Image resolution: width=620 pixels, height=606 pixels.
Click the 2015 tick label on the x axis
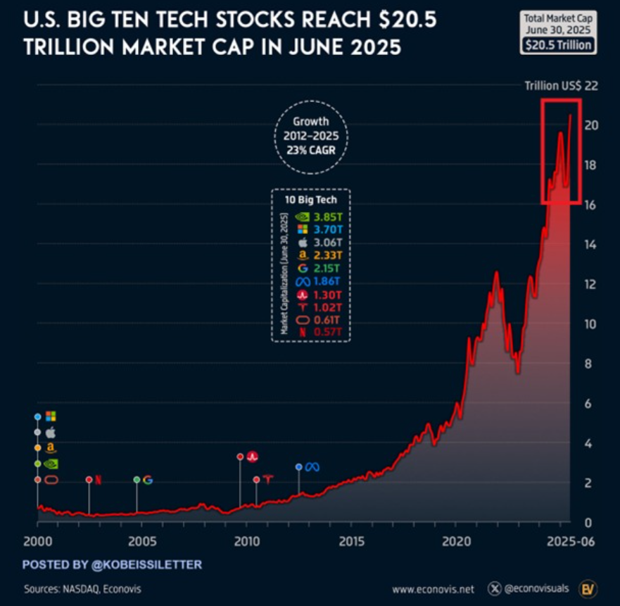(350, 541)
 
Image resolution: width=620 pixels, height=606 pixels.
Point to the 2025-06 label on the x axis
(571, 541)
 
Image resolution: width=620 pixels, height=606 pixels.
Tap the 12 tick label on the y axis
(590, 284)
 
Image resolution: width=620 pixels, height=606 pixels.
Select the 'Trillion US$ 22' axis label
(561, 86)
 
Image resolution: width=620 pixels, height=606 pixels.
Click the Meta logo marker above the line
(312, 467)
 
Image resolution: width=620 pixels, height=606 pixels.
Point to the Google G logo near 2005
(148, 480)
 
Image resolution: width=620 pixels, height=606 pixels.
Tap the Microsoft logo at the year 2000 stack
(51, 416)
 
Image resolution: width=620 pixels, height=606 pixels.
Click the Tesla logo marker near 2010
(267, 480)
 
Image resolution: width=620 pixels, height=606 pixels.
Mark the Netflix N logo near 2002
(99, 480)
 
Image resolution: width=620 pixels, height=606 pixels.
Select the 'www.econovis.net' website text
(433, 589)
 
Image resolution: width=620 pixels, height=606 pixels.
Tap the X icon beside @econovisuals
(497, 588)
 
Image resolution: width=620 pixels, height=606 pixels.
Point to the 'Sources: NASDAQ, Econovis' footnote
(77, 588)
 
